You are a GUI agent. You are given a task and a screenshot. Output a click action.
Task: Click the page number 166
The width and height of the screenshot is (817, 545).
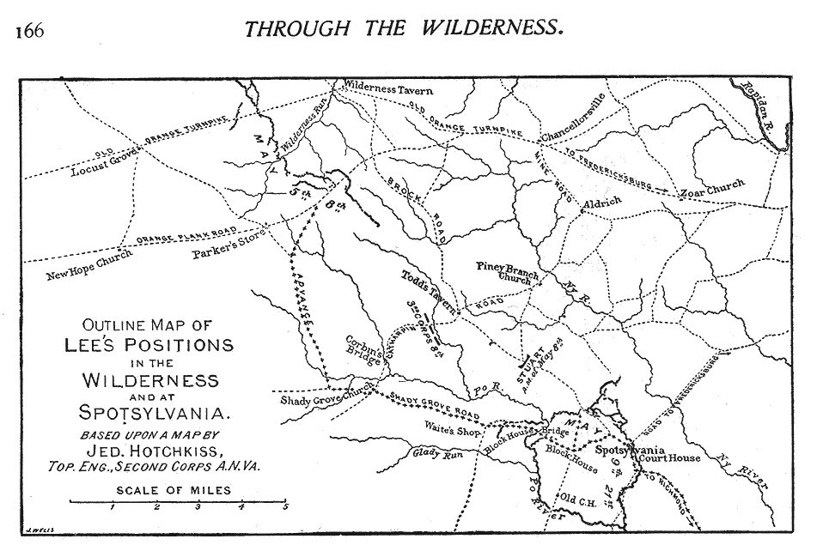28,31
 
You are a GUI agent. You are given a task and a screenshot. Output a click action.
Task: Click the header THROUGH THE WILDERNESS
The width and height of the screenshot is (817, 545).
404,27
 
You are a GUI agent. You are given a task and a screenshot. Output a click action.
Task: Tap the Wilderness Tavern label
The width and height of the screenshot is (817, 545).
388,89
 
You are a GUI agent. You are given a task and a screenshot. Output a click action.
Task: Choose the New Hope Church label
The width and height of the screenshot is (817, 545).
89,266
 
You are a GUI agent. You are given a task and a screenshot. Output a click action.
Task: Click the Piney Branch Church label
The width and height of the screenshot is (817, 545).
508,272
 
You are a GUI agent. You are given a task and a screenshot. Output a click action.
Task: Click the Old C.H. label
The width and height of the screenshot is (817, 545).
576,499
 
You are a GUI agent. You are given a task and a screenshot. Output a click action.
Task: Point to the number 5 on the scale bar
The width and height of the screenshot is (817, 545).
284,508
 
